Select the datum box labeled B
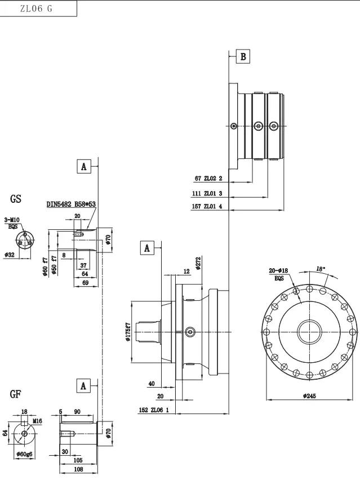click(243, 56)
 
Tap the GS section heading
click(16, 199)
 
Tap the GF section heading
click(15, 393)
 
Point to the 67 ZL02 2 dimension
click(208, 179)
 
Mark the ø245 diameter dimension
click(309, 396)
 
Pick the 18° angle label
click(321, 269)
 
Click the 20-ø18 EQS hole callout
click(279, 274)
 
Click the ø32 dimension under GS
click(9, 255)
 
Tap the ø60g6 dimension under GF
click(25, 454)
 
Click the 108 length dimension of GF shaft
click(78, 469)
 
